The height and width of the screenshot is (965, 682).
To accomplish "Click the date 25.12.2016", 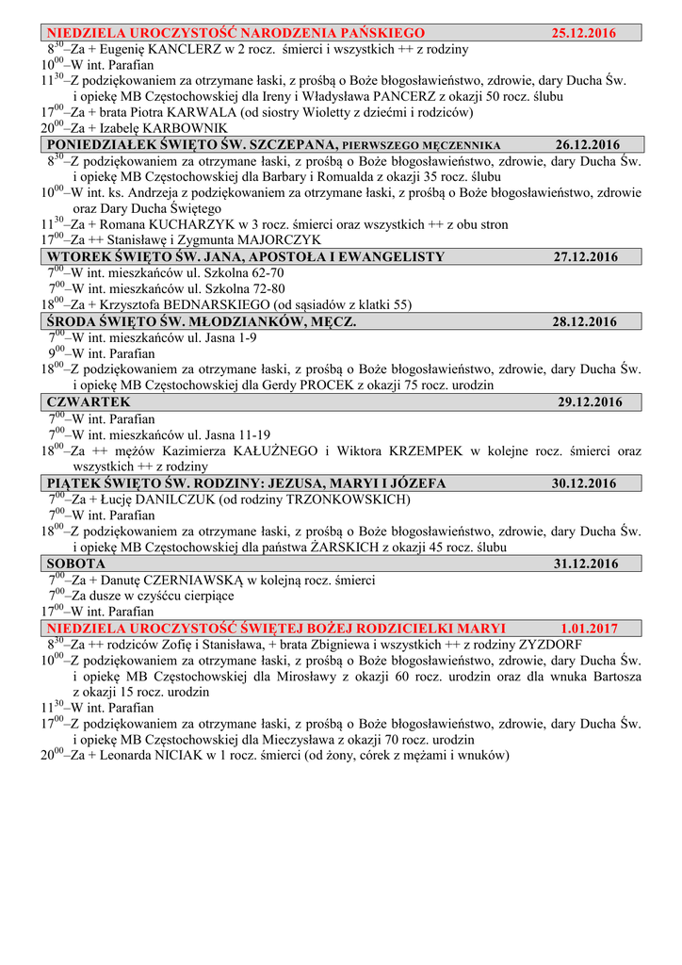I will coord(583,33).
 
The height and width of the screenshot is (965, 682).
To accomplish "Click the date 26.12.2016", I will coord(588,145).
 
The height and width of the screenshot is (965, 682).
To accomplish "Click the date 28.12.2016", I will coord(585,321).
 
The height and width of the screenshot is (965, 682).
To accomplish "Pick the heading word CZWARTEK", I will coord(89,402).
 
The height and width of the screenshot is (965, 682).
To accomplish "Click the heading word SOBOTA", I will coord(76,564).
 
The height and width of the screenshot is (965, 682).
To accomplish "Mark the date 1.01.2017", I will coord(590,629).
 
